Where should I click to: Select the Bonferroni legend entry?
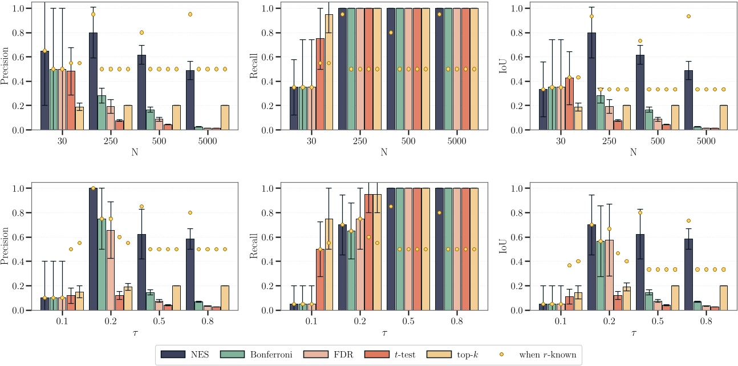263,355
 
